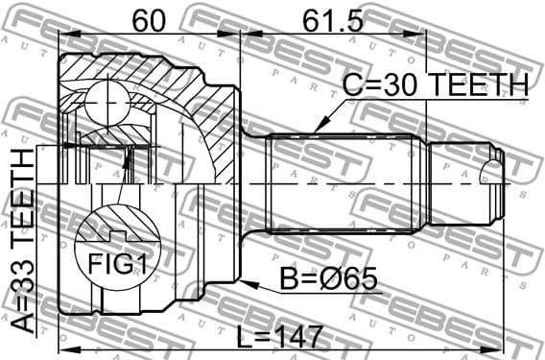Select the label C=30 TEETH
pyautogui.click(x=436, y=85)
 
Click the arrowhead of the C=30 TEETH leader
pyautogui.click(x=317, y=129)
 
